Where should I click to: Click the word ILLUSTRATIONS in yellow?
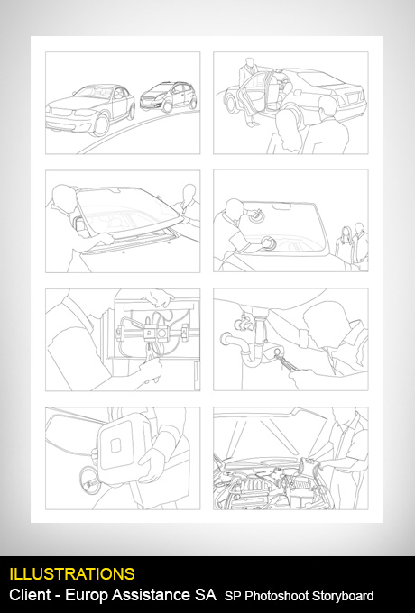pyautogui.click(x=72, y=574)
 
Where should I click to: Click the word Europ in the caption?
pyautogui.click(x=86, y=595)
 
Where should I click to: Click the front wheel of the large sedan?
pyautogui.click(x=101, y=124)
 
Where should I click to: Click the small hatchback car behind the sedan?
pyautogui.click(x=169, y=96)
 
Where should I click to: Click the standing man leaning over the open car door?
pyautogui.click(x=248, y=91)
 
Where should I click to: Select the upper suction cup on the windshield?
pyautogui.click(x=256, y=215)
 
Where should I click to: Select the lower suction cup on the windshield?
pyautogui.click(x=269, y=242)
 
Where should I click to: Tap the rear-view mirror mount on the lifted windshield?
pyautogui.click(x=115, y=190)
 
